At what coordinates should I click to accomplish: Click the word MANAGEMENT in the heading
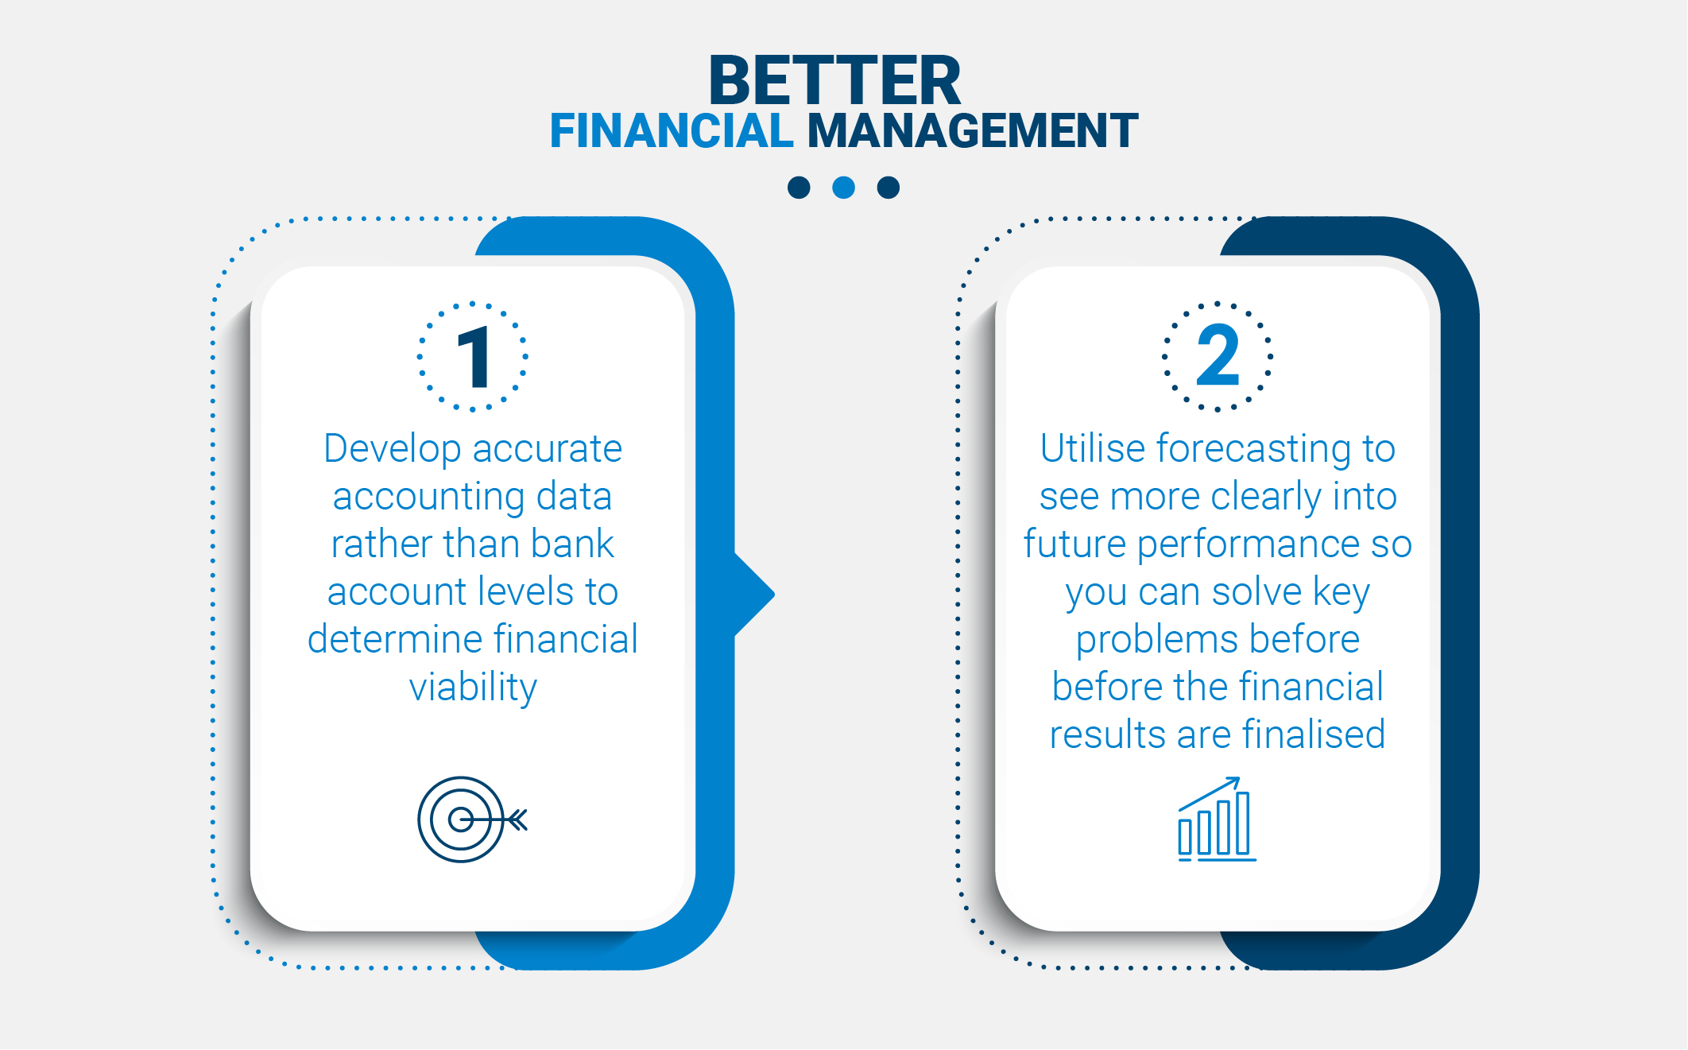click(973, 130)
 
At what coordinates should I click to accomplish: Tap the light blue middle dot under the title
click(843, 188)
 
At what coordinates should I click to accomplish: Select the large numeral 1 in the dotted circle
click(474, 357)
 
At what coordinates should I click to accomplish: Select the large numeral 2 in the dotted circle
click(1218, 355)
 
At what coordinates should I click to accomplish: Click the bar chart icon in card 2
click(1217, 819)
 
